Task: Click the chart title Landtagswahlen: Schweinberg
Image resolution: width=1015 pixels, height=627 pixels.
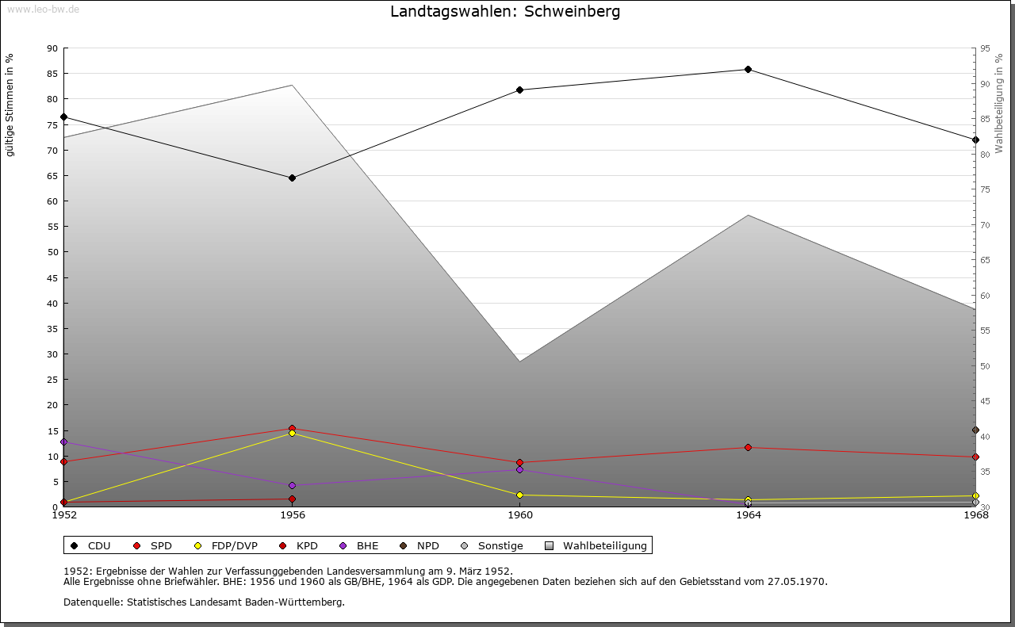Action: point(505,12)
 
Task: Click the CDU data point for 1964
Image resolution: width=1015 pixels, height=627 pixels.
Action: point(748,70)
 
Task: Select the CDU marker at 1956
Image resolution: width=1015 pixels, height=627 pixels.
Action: point(292,178)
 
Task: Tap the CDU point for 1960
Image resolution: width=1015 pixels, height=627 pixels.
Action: point(519,90)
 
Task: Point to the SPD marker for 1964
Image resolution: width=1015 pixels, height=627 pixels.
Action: point(748,447)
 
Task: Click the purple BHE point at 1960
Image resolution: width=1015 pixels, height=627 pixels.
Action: point(519,469)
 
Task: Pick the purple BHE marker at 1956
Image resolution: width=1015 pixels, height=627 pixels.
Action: point(292,485)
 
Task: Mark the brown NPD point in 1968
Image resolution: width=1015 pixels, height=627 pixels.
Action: point(975,430)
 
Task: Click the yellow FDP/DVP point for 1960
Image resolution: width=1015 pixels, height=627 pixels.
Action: point(519,495)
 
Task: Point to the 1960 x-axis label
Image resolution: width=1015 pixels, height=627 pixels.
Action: point(519,515)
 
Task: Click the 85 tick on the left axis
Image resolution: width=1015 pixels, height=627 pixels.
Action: point(52,74)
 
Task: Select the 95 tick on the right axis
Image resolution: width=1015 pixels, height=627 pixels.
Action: point(985,48)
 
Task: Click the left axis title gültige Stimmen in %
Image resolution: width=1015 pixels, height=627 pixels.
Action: point(10,105)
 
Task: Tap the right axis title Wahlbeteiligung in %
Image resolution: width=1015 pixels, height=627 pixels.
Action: point(999,103)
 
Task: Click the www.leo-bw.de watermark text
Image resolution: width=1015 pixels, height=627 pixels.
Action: point(43,9)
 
